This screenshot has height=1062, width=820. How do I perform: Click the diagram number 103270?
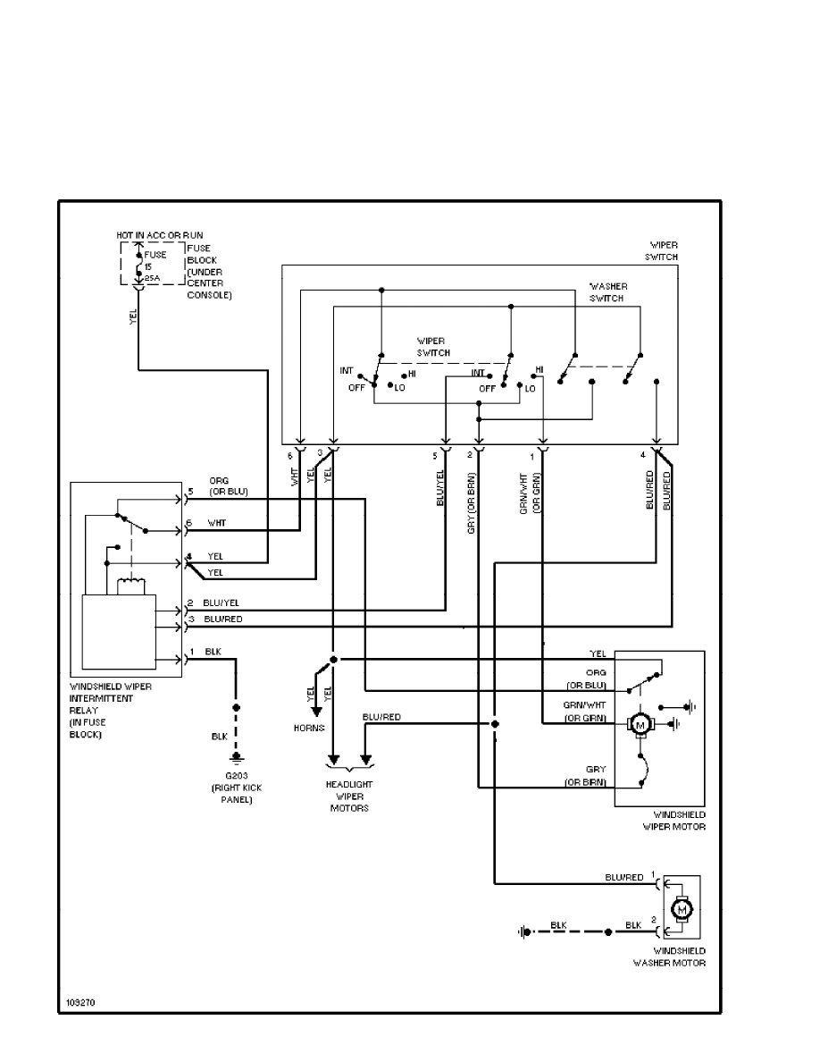81,1003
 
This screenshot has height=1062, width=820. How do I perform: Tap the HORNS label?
308,728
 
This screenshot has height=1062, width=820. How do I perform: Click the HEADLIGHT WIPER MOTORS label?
348,796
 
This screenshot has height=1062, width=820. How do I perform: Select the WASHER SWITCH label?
606,292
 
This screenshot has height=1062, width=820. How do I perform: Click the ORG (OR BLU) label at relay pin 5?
228,486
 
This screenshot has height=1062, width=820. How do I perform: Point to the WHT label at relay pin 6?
217,523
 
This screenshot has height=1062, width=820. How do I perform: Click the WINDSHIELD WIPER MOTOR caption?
674,821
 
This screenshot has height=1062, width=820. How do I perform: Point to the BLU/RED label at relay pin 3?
223,619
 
